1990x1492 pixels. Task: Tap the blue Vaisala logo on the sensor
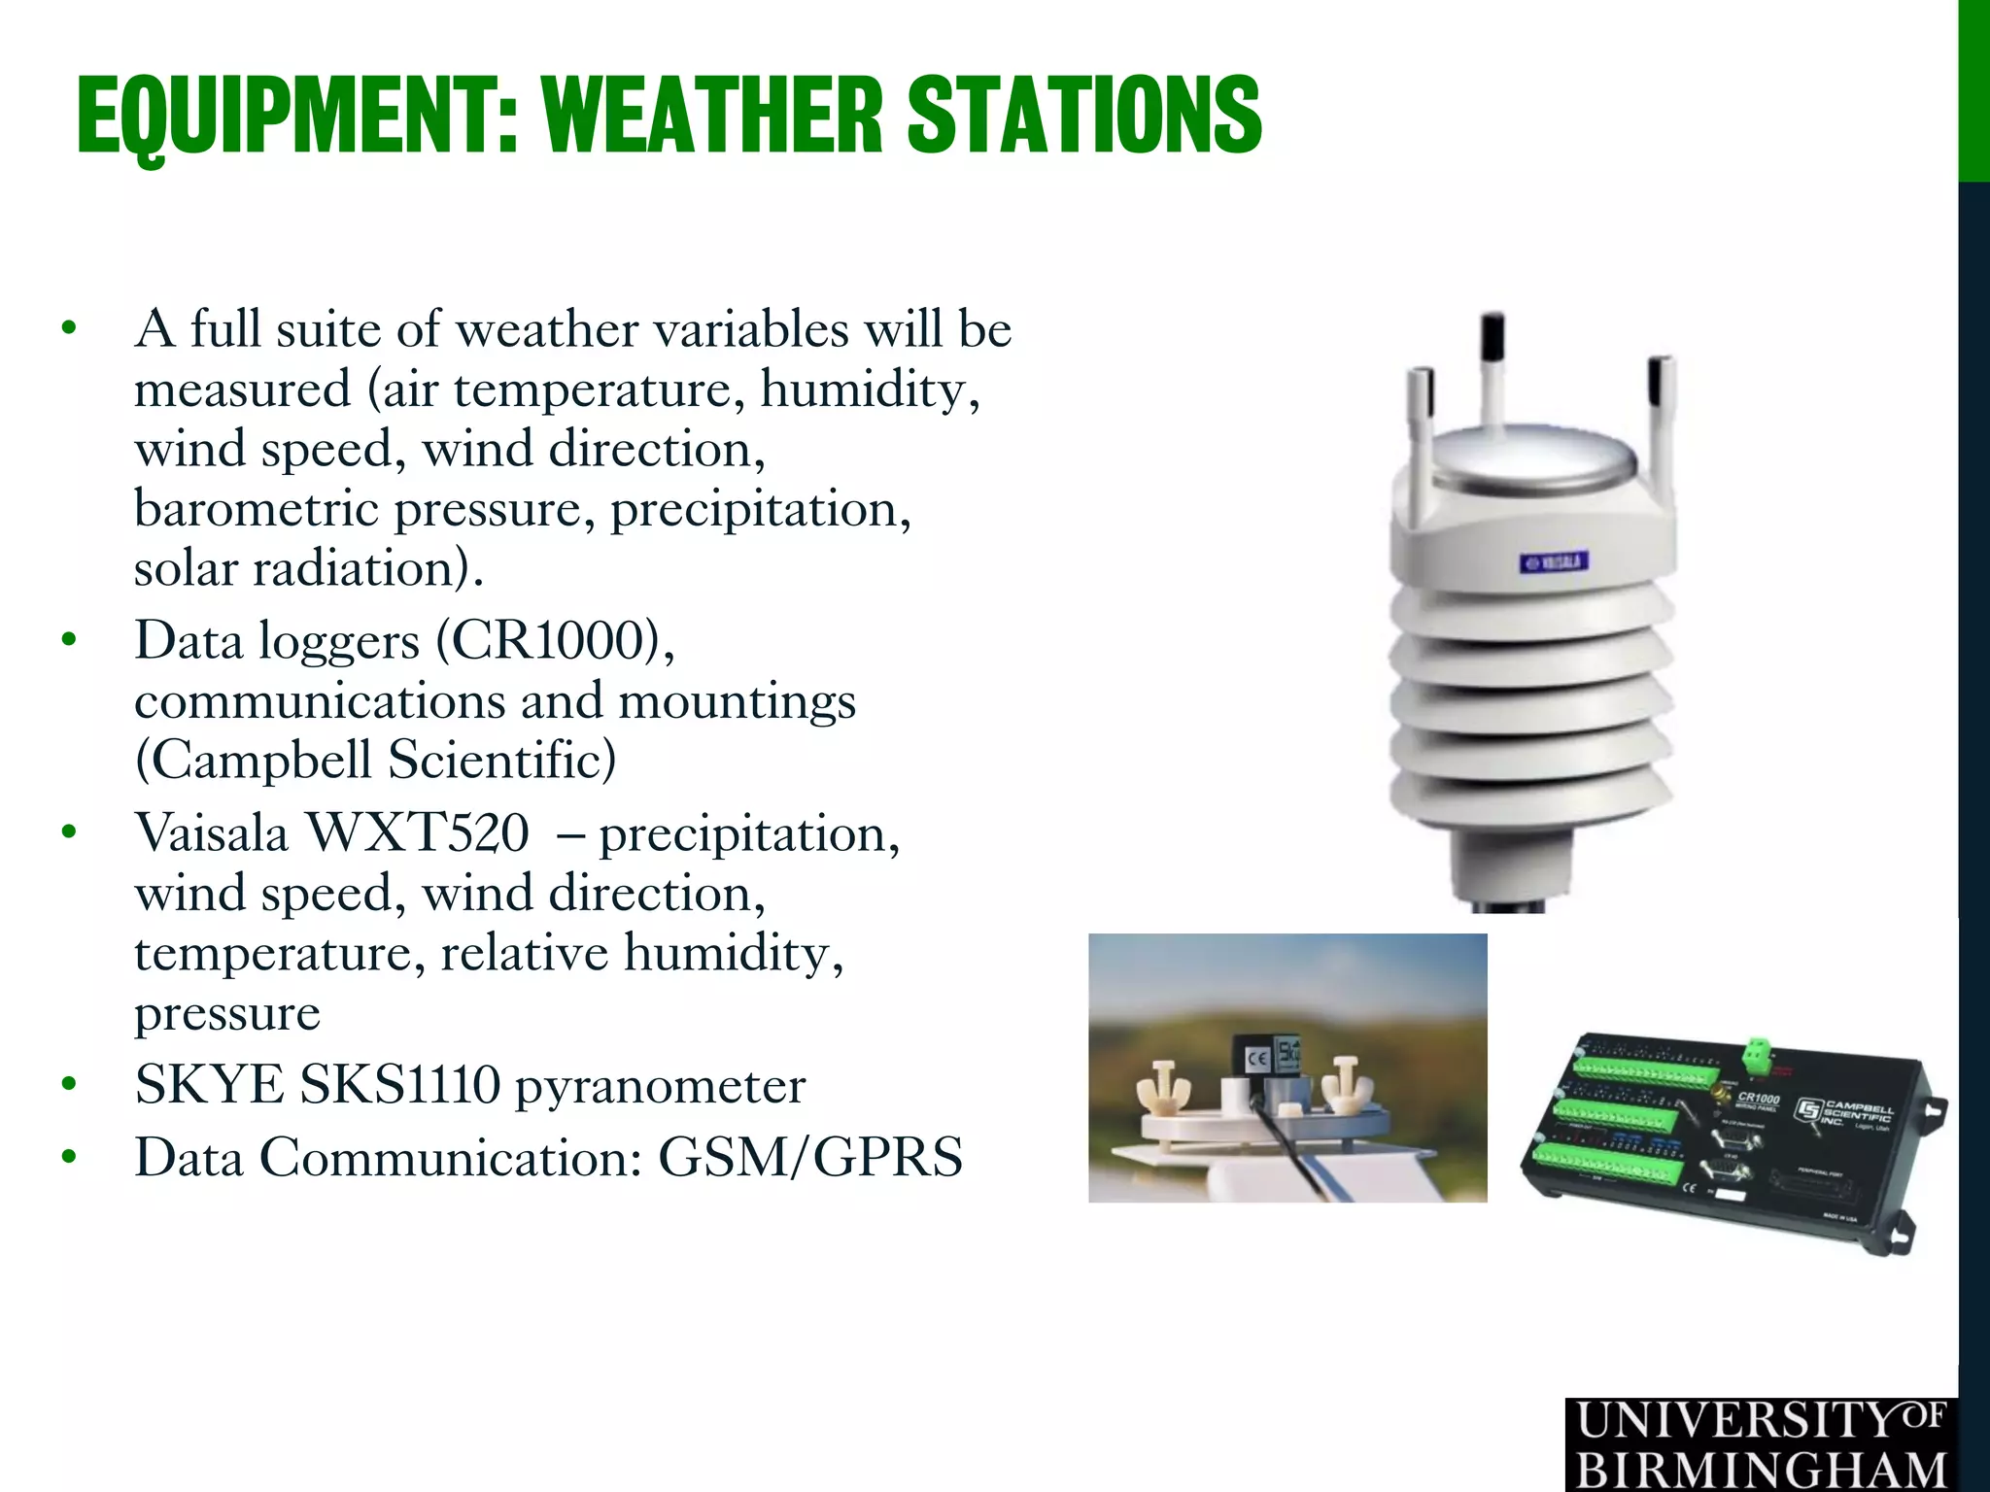1554,562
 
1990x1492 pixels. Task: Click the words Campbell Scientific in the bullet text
375,761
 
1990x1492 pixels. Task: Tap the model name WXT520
418,833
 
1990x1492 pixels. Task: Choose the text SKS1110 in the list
400,1085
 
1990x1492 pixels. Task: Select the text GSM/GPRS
810,1158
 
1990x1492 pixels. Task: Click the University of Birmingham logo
1760,1444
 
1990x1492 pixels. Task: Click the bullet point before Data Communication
68,1158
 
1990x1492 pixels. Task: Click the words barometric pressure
363,510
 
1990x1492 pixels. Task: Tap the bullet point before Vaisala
68,833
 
